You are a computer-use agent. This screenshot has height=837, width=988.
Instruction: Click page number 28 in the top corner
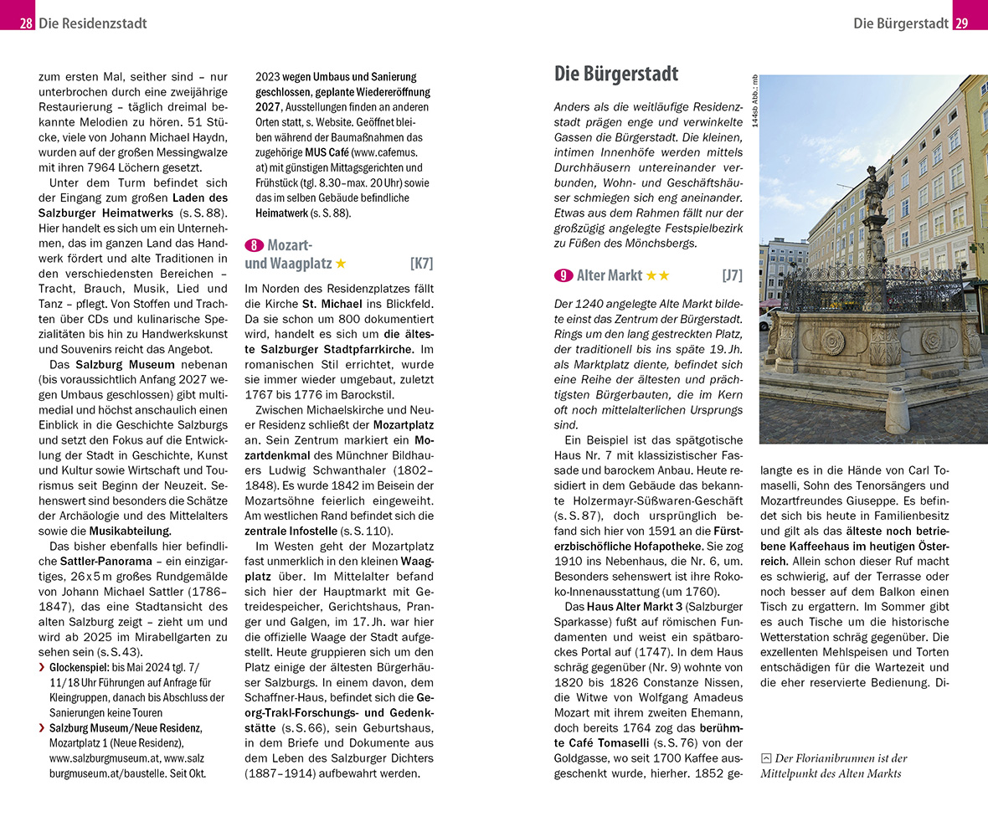click(x=26, y=23)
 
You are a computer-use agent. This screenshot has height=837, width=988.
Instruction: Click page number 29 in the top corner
click(x=961, y=23)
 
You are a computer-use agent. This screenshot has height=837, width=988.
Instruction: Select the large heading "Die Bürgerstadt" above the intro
click(x=616, y=74)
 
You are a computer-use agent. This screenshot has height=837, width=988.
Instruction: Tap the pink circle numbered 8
click(x=253, y=245)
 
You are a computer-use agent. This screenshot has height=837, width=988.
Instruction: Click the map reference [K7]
click(x=421, y=264)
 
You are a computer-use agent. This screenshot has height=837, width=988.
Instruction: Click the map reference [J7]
click(x=732, y=275)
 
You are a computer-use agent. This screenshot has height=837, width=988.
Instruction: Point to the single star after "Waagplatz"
click(x=341, y=264)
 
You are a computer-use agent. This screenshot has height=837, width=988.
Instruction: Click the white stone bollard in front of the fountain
click(x=897, y=410)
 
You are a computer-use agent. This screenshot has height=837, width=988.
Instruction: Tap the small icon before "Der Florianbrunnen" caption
click(x=765, y=758)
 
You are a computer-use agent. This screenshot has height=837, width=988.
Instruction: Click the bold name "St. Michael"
click(x=332, y=304)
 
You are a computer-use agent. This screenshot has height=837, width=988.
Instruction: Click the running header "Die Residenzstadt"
click(x=92, y=23)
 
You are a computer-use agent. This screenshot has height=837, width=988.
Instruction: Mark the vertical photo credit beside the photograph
click(x=754, y=101)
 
